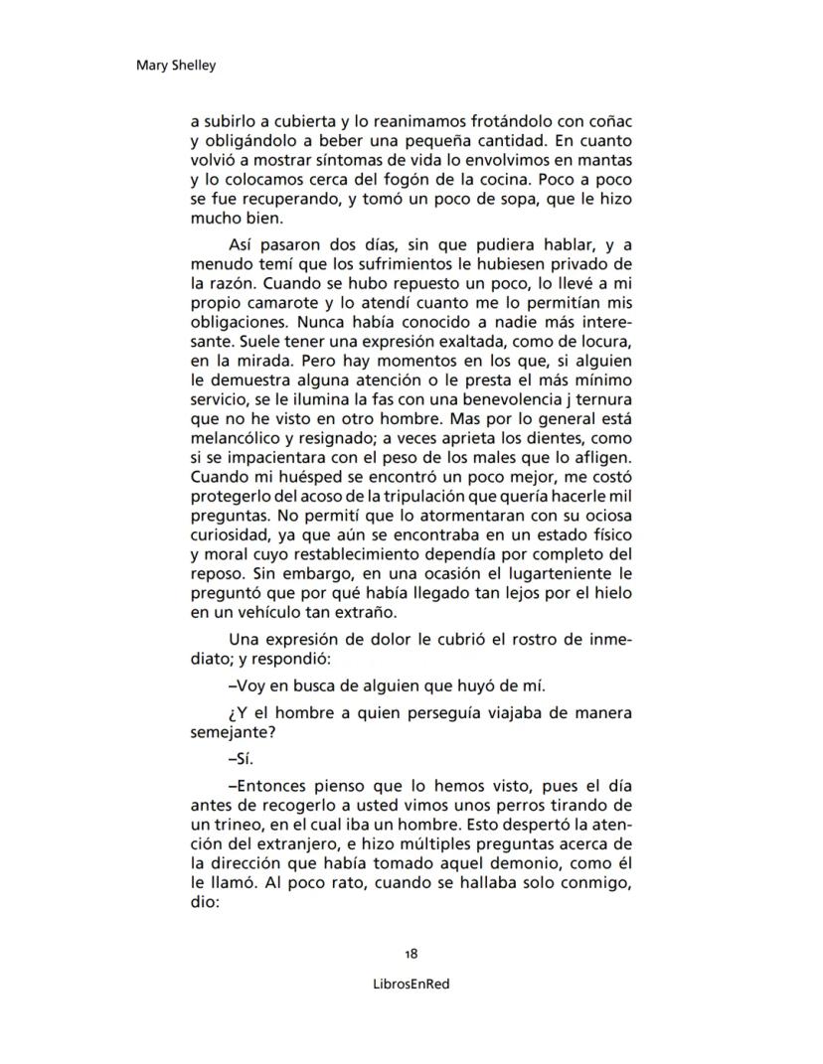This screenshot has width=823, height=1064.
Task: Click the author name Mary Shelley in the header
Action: (x=175, y=66)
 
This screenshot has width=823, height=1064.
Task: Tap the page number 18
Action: (x=411, y=954)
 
